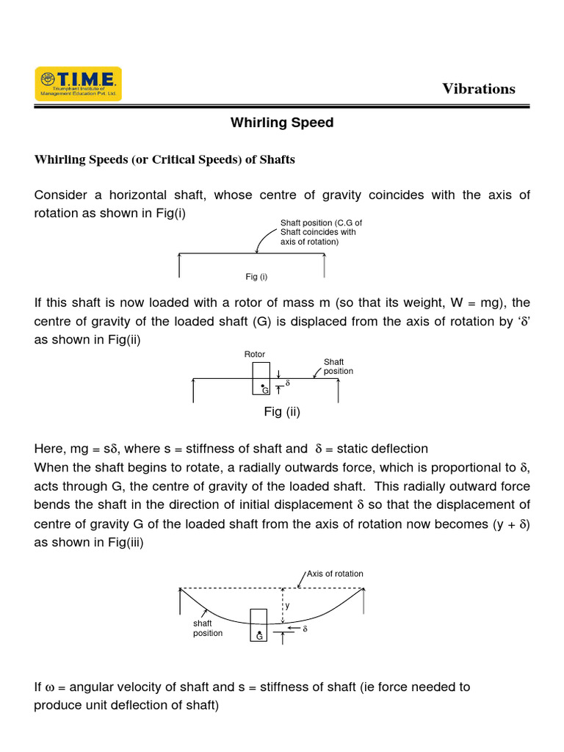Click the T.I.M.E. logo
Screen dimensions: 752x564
[x=79, y=84]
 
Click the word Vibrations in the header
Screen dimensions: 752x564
[x=478, y=89]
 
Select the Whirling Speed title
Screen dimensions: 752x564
[x=282, y=123]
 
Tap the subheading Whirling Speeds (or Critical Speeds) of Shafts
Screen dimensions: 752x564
[x=164, y=159]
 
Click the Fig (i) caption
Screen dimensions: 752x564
[x=256, y=277]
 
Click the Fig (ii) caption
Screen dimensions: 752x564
[x=282, y=412]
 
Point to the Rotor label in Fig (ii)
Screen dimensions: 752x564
[x=254, y=355]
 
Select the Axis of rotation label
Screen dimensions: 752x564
[x=335, y=574]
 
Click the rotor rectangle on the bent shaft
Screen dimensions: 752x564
[x=258, y=625]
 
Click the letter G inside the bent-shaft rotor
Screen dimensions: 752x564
[x=259, y=637]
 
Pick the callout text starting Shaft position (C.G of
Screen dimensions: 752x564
[x=321, y=232]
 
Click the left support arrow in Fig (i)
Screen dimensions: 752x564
[x=179, y=265]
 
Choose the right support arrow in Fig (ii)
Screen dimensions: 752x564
[x=338, y=390]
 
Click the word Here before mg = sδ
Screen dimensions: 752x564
[x=50, y=449]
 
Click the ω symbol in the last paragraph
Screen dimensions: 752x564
[x=50, y=687]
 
